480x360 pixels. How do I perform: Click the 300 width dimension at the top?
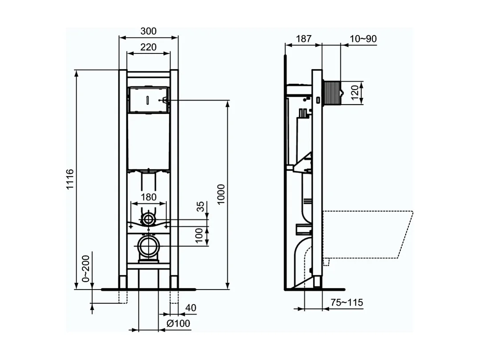[148, 31]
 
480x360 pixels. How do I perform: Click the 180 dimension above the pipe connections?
[148, 197]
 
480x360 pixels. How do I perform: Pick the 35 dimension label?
[201, 206]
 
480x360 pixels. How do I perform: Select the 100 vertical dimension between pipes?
[201, 235]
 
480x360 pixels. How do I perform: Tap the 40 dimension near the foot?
[190, 308]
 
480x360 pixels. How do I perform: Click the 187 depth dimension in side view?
[304, 39]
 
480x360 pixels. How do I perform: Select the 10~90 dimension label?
[363, 39]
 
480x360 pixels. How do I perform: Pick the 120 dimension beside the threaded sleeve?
[355, 94]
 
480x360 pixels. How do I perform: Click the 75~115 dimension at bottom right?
[347, 303]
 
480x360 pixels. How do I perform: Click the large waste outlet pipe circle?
[148, 245]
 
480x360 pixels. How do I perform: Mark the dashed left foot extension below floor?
[123, 296]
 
